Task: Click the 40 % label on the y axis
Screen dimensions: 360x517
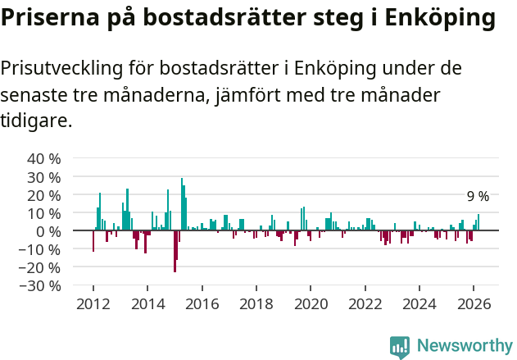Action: click(x=44, y=158)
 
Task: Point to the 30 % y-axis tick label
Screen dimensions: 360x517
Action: click(x=44, y=176)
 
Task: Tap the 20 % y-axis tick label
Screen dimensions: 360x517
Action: click(x=44, y=194)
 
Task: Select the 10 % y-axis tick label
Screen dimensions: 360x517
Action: click(x=44, y=212)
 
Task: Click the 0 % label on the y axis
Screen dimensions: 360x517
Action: click(x=48, y=231)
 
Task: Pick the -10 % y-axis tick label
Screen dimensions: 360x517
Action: click(x=41, y=249)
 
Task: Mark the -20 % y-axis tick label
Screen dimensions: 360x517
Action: click(x=41, y=267)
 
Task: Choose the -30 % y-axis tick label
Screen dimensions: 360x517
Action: click(x=41, y=285)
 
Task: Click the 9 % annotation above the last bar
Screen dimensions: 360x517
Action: click(x=478, y=197)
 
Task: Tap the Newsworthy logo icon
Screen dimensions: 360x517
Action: click(x=400, y=346)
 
